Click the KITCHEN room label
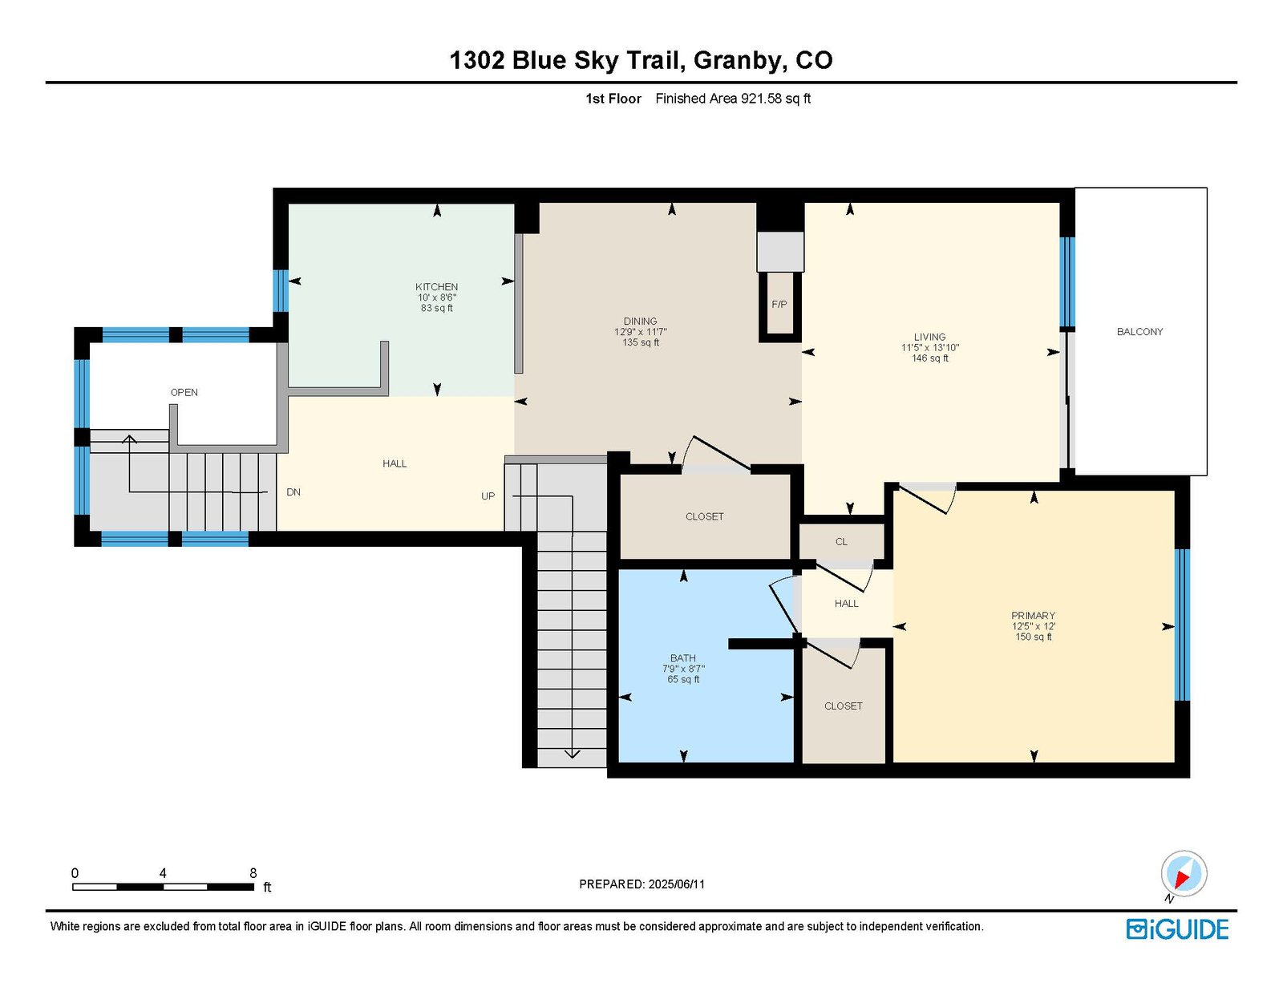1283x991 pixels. click(x=436, y=287)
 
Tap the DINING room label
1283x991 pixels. click(x=640, y=322)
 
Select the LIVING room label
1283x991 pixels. click(x=929, y=337)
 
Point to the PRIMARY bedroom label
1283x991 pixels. click(x=1033, y=616)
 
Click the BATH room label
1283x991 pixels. click(x=682, y=658)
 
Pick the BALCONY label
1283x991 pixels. click(x=1139, y=332)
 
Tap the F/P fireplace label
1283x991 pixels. click(x=779, y=305)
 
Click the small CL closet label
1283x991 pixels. click(x=841, y=542)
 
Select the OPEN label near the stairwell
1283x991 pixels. click(x=184, y=393)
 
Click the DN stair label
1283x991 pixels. click(x=293, y=492)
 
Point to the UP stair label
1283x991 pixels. click(x=488, y=496)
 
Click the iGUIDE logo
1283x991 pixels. click(x=1177, y=929)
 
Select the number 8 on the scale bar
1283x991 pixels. click(x=253, y=873)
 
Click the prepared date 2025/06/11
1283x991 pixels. click(x=677, y=884)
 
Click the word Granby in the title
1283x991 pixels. click(x=739, y=61)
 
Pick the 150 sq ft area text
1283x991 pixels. click(x=1034, y=637)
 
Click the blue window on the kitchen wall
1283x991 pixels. click(x=280, y=290)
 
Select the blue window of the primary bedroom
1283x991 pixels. click(x=1181, y=625)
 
